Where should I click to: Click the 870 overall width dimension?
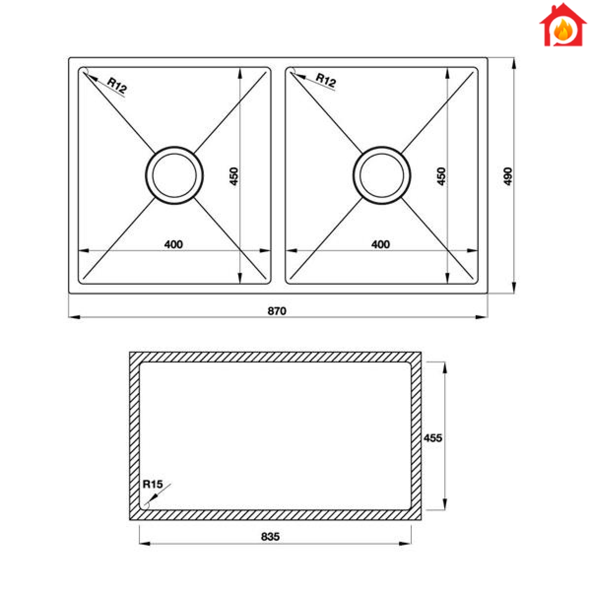click(x=277, y=311)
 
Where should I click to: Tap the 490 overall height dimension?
click(x=508, y=176)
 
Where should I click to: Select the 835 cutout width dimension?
click(x=270, y=536)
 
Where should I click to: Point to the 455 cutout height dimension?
click(x=433, y=438)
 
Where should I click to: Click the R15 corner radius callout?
click(x=152, y=484)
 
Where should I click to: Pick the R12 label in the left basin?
click(x=117, y=85)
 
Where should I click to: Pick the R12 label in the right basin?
click(x=326, y=80)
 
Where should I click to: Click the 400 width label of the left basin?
click(x=173, y=244)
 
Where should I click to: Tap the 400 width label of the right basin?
click(x=380, y=244)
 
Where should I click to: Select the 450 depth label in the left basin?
click(x=234, y=176)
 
